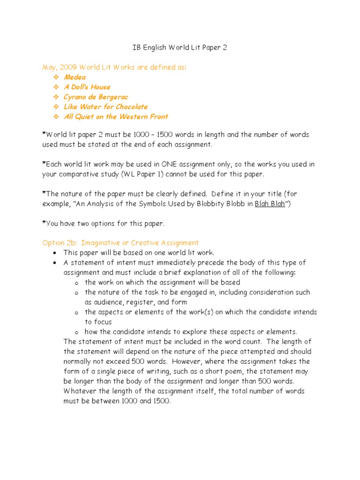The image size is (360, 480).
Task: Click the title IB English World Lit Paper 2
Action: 180,48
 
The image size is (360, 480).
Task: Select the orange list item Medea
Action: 75,77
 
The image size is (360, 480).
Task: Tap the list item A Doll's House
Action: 87,87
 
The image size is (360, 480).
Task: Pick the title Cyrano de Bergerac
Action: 96,97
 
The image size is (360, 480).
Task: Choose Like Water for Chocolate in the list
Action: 105,106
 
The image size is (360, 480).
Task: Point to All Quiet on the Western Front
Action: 116,116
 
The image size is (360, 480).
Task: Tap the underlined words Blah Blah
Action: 270,204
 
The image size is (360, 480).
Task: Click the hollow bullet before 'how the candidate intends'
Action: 76,332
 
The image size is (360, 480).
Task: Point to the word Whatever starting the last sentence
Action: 80,391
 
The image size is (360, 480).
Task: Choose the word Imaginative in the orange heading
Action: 100,243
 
